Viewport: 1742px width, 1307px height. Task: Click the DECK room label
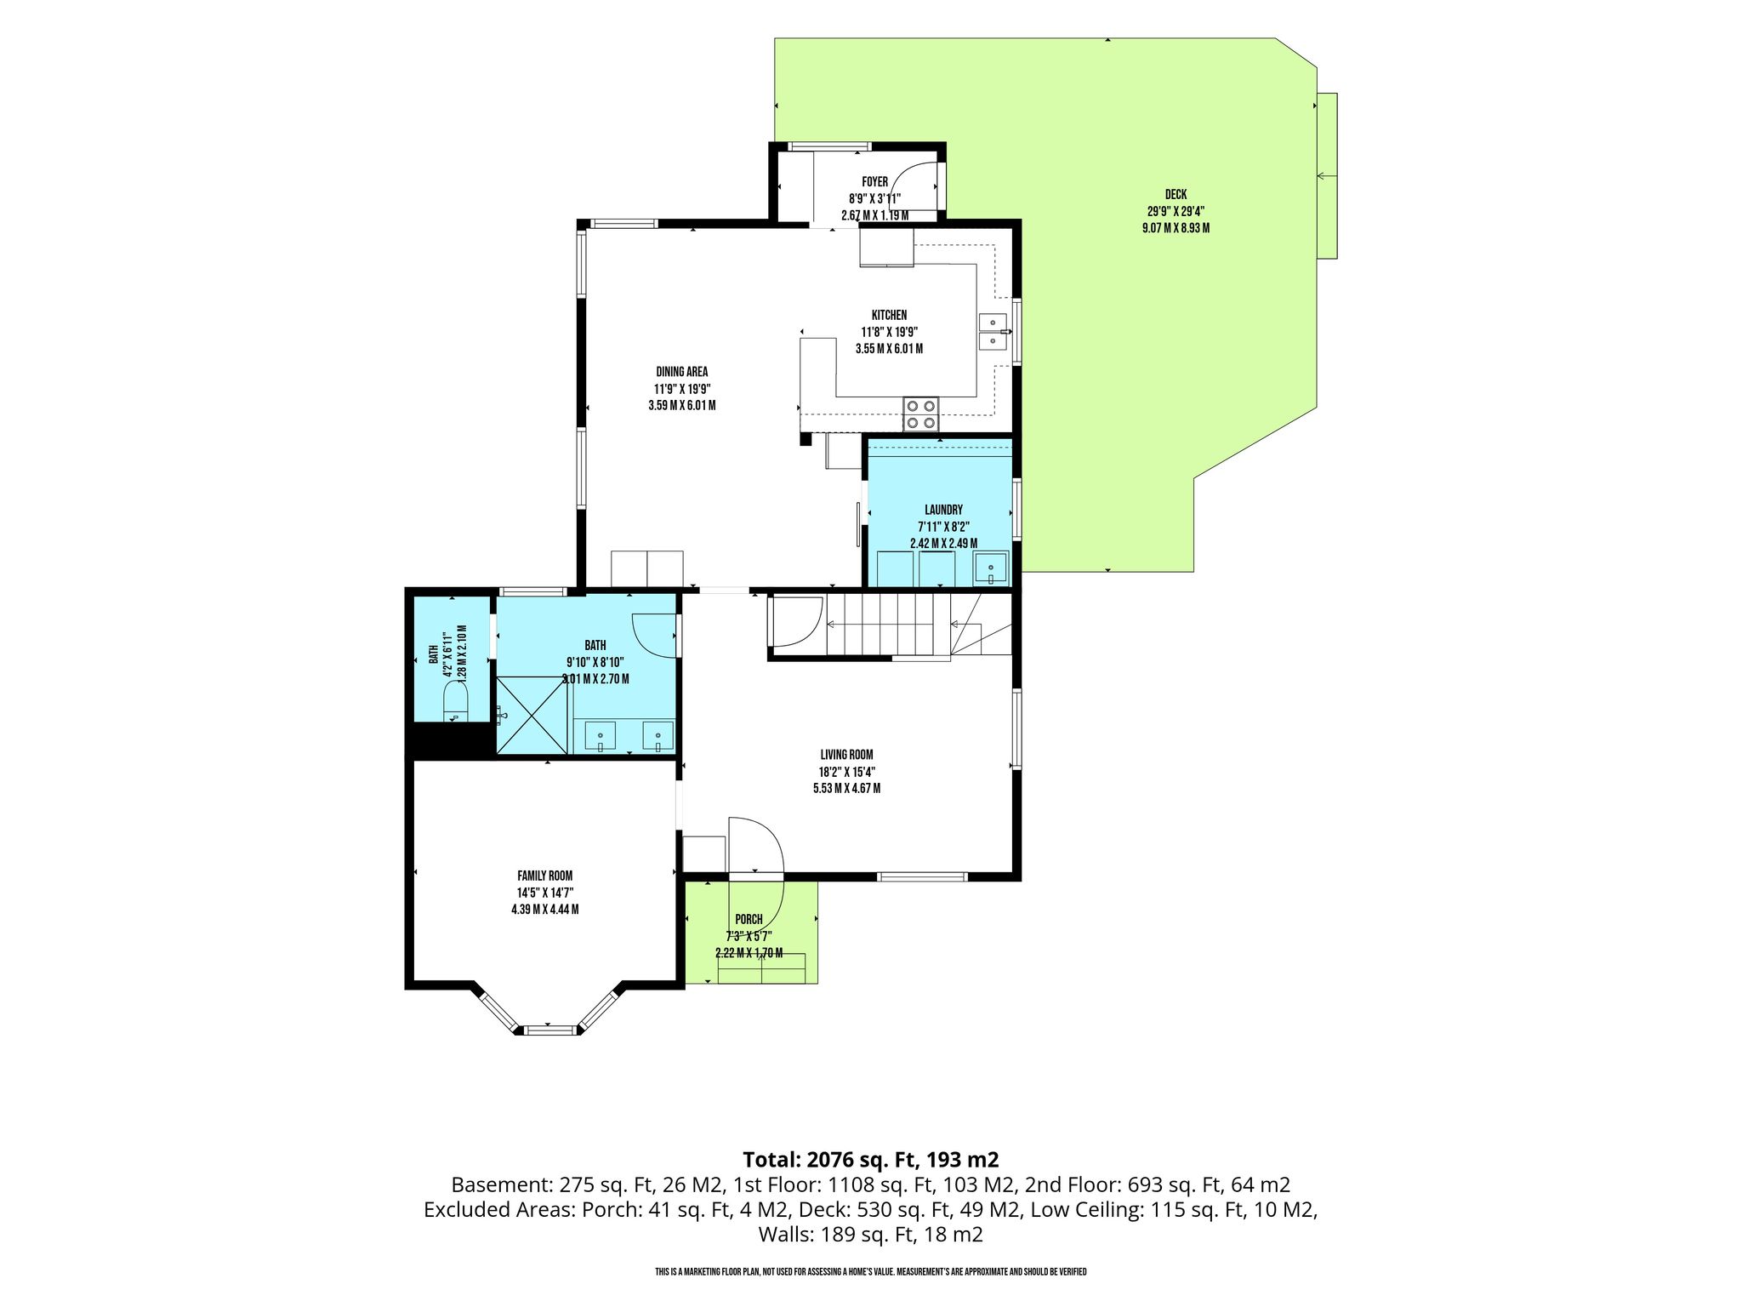[1176, 195]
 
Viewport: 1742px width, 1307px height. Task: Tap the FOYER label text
[874, 182]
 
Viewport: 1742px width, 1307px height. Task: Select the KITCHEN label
[889, 315]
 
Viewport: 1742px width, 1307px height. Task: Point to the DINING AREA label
[681, 372]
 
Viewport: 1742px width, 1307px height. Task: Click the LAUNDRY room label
[943, 510]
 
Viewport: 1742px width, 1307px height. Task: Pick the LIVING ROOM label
[846, 755]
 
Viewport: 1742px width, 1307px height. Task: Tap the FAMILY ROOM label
[544, 876]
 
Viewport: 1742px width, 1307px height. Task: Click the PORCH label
[749, 920]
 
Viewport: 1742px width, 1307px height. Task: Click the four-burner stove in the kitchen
[921, 414]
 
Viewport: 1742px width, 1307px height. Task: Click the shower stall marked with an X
[532, 715]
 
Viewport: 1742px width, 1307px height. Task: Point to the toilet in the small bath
[456, 705]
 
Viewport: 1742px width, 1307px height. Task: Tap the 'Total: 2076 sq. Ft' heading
[870, 1159]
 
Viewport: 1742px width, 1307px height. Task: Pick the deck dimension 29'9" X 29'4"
[1176, 212]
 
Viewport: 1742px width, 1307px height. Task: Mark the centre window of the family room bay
[549, 1030]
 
